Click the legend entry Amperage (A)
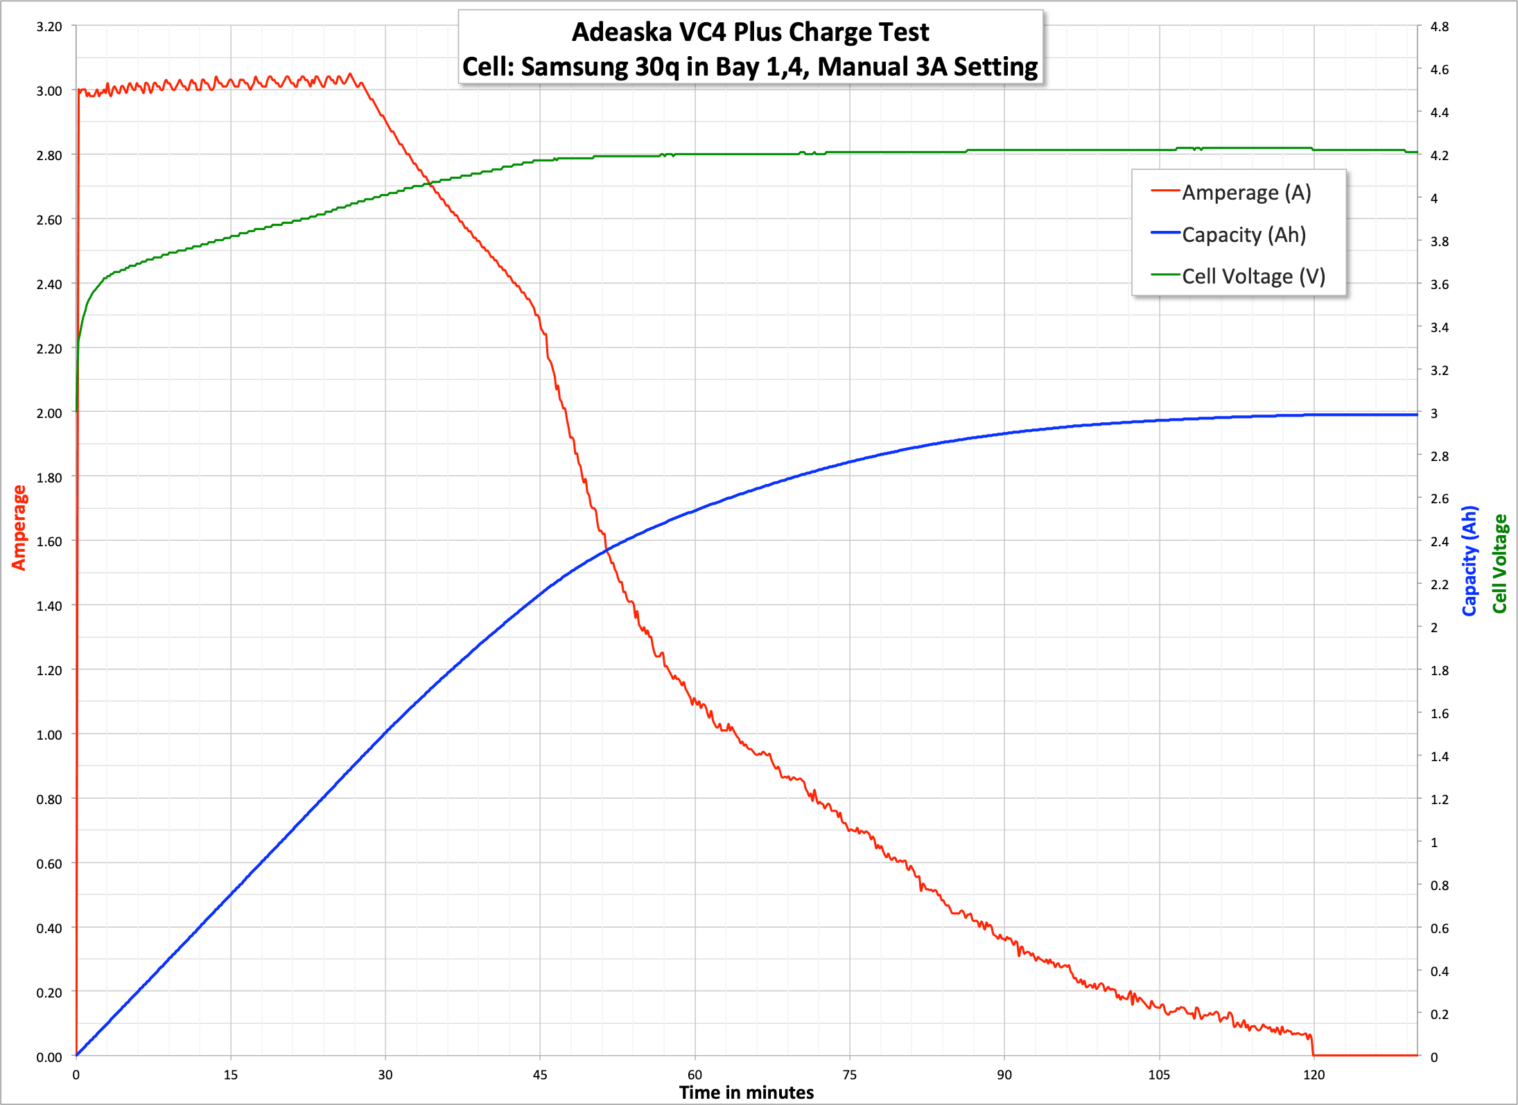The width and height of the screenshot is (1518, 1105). pyautogui.click(x=1246, y=192)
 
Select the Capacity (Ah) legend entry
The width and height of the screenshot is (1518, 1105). pyautogui.click(x=1244, y=234)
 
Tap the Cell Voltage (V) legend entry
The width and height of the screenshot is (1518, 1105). pyautogui.click(x=1253, y=276)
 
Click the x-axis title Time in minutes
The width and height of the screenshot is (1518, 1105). pyautogui.click(x=747, y=1093)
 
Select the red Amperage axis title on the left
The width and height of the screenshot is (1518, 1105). pyautogui.click(x=19, y=528)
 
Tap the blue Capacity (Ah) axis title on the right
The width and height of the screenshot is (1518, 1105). pyautogui.click(x=1469, y=561)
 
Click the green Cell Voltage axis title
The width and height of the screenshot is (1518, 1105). pyautogui.click(x=1500, y=564)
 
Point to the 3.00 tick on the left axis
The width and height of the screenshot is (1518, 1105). pyautogui.click(x=49, y=91)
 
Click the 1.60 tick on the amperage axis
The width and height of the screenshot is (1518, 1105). pyautogui.click(x=49, y=541)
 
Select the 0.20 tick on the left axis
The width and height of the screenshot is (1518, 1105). pyautogui.click(x=49, y=993)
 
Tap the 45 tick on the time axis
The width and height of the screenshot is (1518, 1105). pyautogui.click(x=540, y=1075)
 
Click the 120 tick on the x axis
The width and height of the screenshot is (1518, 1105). pyautogui.click(x=1314, y=1075)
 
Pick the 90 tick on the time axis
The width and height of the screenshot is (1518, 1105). pyautogui.click(x=1004, y=1075)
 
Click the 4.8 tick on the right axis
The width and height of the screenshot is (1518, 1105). pyautogui.click(x=1440, y=27)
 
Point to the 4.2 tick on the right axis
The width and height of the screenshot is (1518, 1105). pyautogui.click(x=1440, y=155)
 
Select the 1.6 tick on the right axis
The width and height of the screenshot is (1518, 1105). pyautogui.click(x=1440, y=713)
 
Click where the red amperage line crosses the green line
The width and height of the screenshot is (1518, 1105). pyautogui.click(x=430, y=184)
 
